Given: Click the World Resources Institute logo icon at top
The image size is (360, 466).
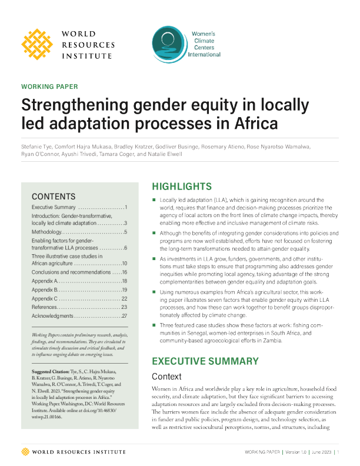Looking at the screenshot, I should [39, 44].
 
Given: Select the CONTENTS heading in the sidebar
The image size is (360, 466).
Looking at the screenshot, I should [52, 196].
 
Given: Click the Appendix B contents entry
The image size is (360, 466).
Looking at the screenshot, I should [48, 290].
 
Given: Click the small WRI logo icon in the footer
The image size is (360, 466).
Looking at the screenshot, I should [25, 451].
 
